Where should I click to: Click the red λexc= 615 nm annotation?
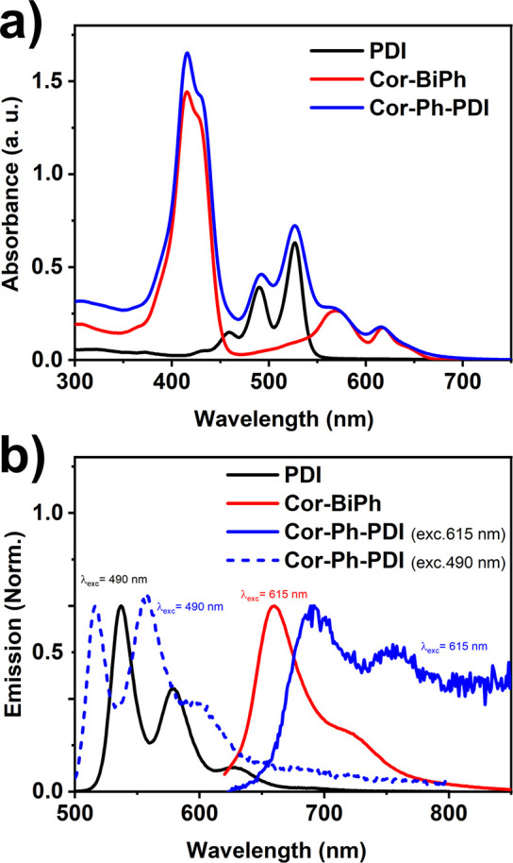(x=274, y=594)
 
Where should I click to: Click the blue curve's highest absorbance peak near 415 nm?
(x=188, y=54)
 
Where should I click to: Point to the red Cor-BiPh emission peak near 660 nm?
(x=273, y=607)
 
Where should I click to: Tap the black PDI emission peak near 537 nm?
(x=121, y=606)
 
